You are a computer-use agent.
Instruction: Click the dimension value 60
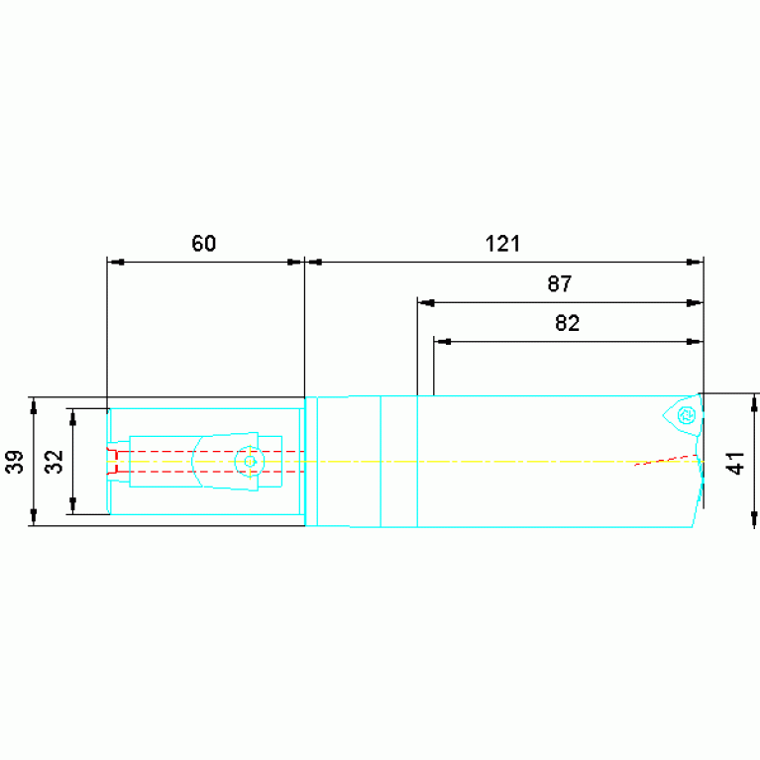point(203,244)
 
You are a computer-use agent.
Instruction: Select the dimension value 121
point(502,244)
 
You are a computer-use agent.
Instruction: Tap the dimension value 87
point(559,283)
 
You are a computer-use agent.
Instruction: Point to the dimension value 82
point(567,323)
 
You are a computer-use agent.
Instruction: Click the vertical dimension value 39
point(15,462)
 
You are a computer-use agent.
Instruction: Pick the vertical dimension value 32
point(54,462)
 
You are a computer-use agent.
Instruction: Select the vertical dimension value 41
point(736,463)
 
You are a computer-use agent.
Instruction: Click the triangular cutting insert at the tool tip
point(683,415)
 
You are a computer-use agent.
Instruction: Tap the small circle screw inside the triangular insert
point(687,415)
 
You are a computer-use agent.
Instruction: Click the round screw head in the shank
point(250,462)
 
